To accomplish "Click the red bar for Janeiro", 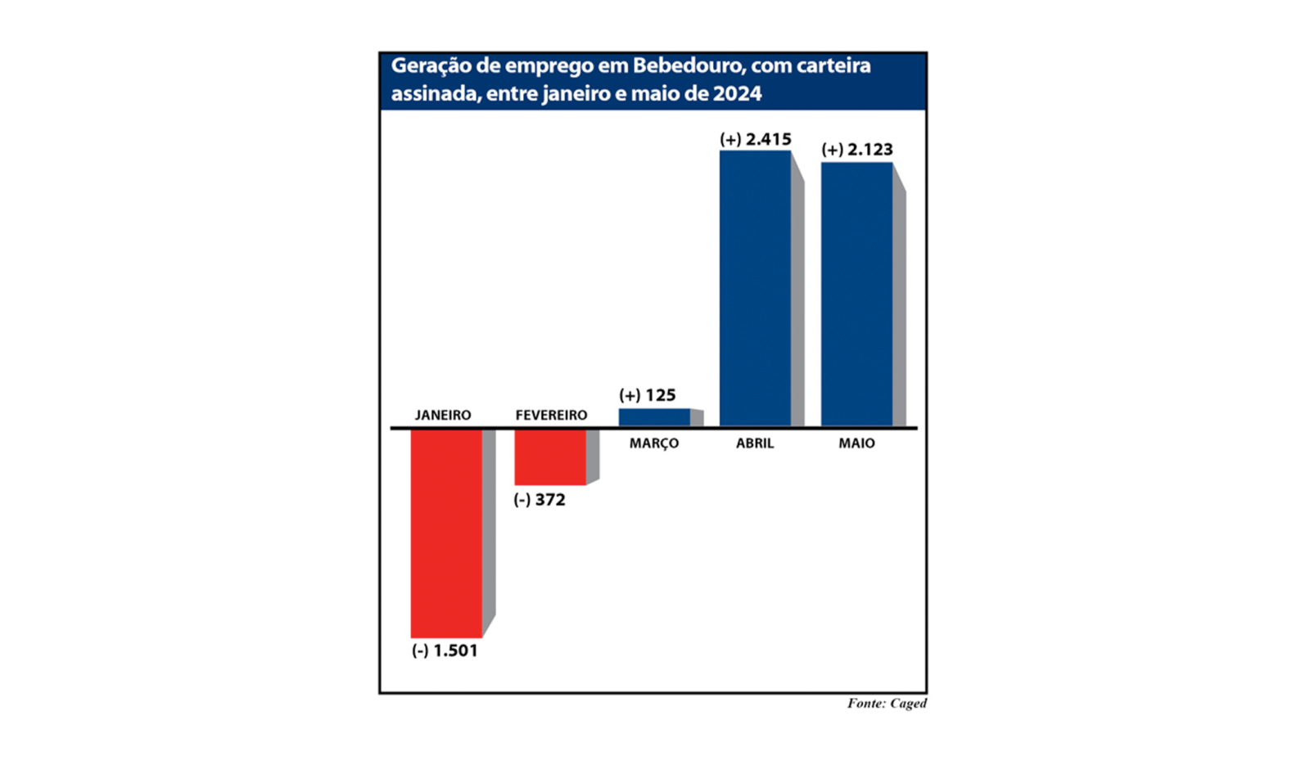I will coord(446,532).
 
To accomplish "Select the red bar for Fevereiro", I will coord(550,457).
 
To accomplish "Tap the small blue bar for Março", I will coord(654,417).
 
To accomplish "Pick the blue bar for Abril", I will coord(755,288).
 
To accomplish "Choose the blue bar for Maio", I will coord(856,294).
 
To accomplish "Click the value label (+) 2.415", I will coord(755,140).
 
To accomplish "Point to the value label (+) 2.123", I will coord(856,150).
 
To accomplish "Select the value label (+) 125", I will coord(647,395).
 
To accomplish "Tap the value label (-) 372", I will coord(539,500).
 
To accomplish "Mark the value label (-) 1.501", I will coord(444,650).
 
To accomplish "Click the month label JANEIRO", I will coord(443,415).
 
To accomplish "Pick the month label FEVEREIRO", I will coord(551,415).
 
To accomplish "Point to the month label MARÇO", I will coord(653,443).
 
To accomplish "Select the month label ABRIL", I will coord(754,443).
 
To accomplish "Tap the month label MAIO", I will coord(856,443).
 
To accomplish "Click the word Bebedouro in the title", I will coord(683,65).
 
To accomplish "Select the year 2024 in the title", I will coord(737,93).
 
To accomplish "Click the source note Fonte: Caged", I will coord(886,703).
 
